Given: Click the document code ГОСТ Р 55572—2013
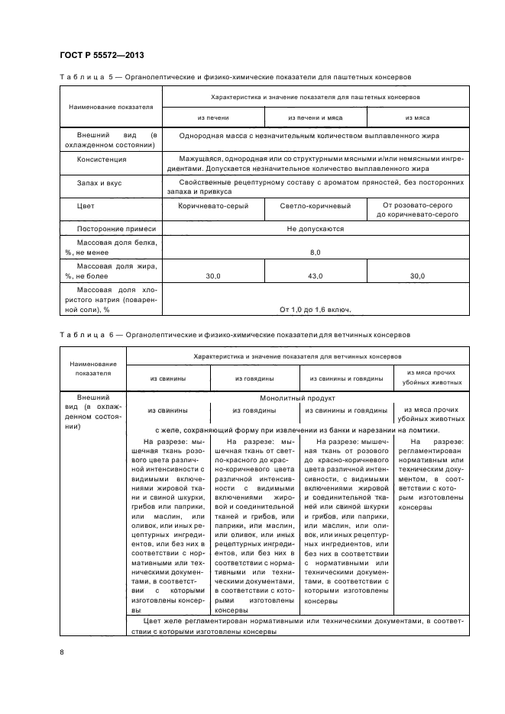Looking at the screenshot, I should coord(102,55).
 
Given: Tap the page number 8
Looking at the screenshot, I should coord(62,651).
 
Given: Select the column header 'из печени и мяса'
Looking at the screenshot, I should coord(316,117).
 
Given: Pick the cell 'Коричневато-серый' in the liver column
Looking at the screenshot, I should coord(213,206).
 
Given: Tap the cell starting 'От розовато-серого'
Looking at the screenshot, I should coord(417,211).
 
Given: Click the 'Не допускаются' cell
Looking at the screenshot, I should coord(316,229).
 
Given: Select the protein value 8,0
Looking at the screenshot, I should coord(316,252).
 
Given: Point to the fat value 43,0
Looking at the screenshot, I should coord(316,275).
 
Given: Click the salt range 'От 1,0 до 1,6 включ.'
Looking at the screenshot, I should coord(316,309).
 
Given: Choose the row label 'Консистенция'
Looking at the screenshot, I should coord(102,160).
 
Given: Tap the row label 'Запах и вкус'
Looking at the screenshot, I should coord(99,183).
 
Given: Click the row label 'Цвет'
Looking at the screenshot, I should coord(85,206).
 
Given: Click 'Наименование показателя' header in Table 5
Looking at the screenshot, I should coord(111,107).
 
